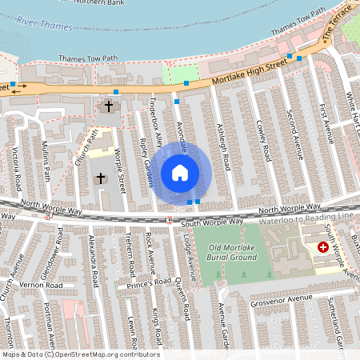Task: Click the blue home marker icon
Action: point(180,172)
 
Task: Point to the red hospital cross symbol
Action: point(323,248)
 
